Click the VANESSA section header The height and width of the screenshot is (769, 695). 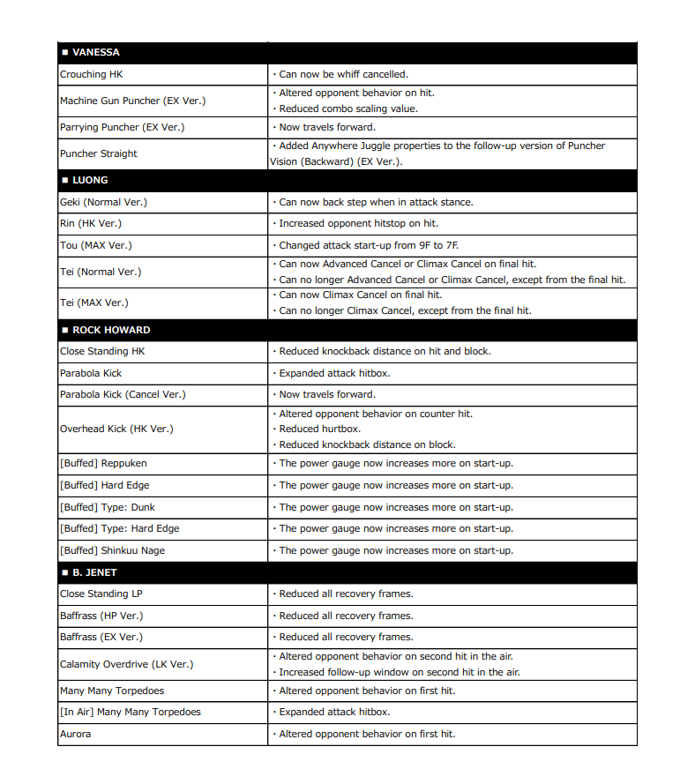pyautogui.click(x=96, y=53)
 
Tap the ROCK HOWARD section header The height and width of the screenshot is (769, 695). pyautogui.click(x=111, y=330)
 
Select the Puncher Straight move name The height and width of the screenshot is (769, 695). pyautogui.click(x=99, y=153)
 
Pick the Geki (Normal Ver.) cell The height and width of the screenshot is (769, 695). pyautogui.click(x=103, y=202)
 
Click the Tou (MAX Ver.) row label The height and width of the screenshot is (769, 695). pyautogui.click(x=96, y=245)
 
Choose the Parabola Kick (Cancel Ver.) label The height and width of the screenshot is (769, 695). pyautogui.click(x=123, y=394)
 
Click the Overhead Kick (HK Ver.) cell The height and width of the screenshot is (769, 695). pyautogui.click(x=116, y=429)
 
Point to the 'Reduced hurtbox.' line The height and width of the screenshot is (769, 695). pyautogui.click(x=319, y=429)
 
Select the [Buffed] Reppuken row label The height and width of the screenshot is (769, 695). pyautogui.click(x=103, y=463)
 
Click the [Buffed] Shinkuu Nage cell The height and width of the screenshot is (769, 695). pyautogui.click(x=112, y=550)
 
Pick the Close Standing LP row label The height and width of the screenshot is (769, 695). pyautogui.click(x=101, y=594)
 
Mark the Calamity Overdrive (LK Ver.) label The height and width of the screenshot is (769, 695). pyautogui.click(x=126, y=664)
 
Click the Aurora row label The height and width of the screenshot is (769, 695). pyautogui.click(x=75, y=734)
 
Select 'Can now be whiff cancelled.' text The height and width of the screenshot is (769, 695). pyautogui.click(x=343, y=75)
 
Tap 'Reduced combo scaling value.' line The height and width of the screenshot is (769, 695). pyautogui.click(x=348, y=108)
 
